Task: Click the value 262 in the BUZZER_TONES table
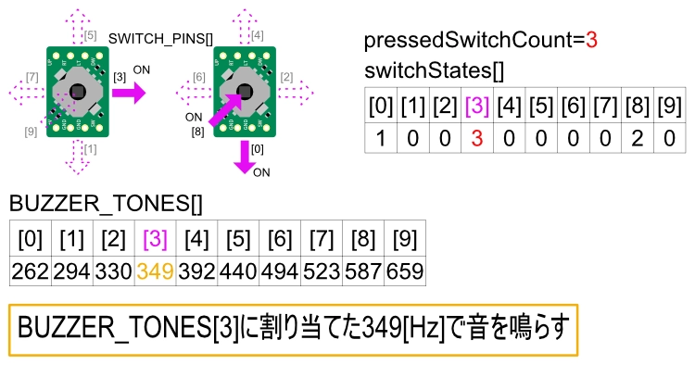(31, 272)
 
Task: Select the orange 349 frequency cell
(155, 272)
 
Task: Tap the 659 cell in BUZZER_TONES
(404, 272)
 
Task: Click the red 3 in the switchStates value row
(477, 138)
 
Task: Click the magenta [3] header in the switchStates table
(477, 106)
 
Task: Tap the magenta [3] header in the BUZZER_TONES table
(155, 240)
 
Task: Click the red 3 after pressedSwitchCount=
(591, 41)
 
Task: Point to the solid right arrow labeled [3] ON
(129, 93)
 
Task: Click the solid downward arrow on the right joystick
(245, 155)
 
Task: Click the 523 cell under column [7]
(321, 272)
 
